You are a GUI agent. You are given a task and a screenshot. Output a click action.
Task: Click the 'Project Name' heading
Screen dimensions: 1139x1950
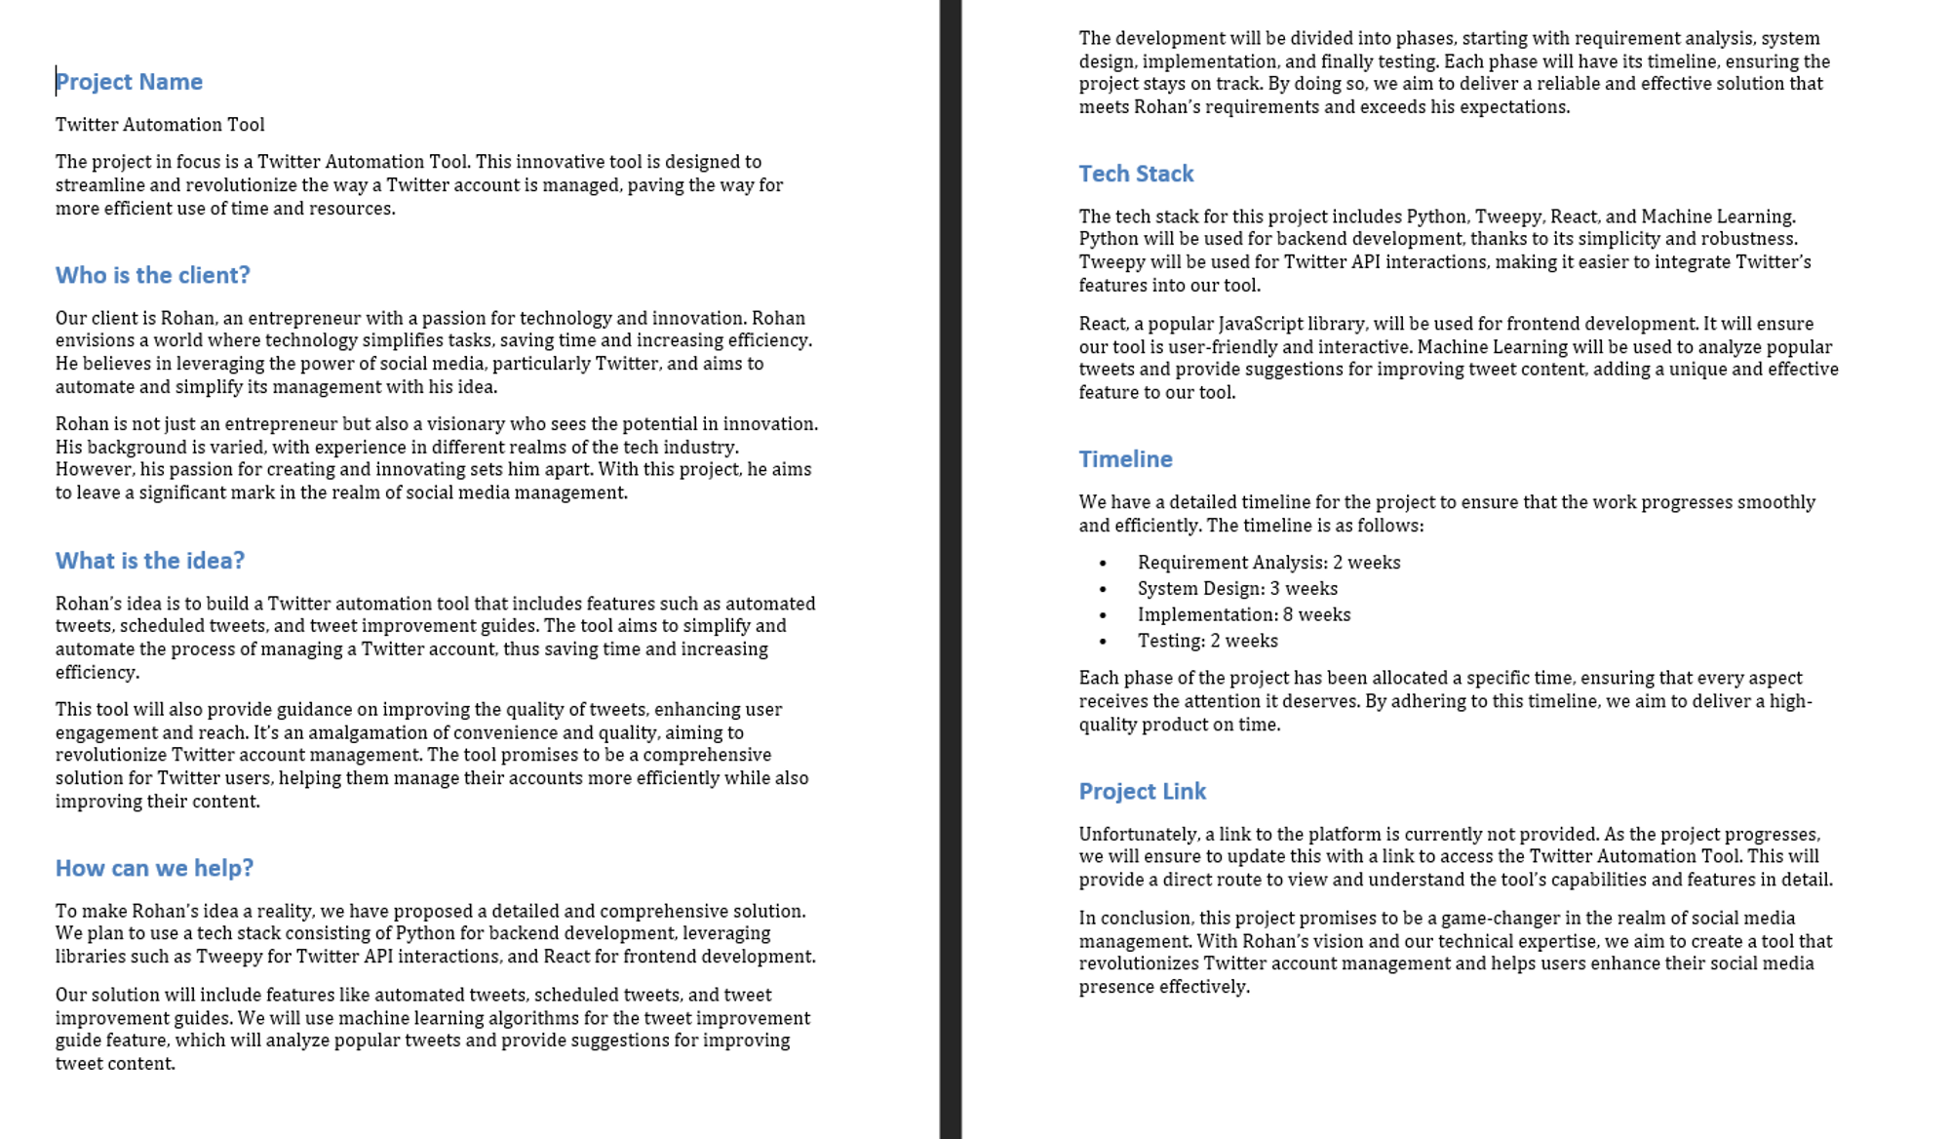(x=129, y=82)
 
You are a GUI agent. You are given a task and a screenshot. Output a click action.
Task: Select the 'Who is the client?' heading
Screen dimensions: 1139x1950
(x=152, y=275)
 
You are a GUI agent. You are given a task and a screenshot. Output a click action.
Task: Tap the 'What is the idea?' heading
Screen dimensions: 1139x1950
(x=149, y=561)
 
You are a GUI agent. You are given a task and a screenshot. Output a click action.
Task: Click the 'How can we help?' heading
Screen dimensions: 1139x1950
(x=154, y=868)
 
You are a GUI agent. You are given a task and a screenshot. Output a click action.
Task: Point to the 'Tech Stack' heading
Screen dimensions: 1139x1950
(x=1136, y=174)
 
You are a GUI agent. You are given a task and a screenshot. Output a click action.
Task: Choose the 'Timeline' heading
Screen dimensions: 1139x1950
(x=1125, y=459)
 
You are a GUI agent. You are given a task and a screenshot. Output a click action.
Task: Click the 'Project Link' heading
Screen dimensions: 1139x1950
(x=1142, y=791)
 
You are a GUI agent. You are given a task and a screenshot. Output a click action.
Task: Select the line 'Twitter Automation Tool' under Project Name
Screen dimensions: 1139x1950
(x=160, y=125)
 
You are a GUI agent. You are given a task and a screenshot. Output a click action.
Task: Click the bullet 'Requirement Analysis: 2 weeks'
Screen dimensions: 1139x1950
(x=1268, y=563)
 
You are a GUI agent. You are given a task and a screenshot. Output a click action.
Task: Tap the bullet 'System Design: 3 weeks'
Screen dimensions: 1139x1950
(x=1237, y=589)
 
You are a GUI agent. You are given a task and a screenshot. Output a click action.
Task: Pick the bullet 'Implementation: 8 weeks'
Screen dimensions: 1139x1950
(x=1244, y=615)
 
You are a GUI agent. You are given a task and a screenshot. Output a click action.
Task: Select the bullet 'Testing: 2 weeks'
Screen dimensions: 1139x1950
(x=1207, y=641)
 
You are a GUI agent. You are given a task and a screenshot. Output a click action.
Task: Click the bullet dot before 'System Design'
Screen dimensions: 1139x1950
(x=1103, y=589)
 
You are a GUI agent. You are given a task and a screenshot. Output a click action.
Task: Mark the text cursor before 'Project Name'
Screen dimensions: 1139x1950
(x=57, y=81)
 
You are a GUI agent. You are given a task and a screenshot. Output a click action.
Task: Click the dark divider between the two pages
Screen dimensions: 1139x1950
(x=951, y=569)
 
